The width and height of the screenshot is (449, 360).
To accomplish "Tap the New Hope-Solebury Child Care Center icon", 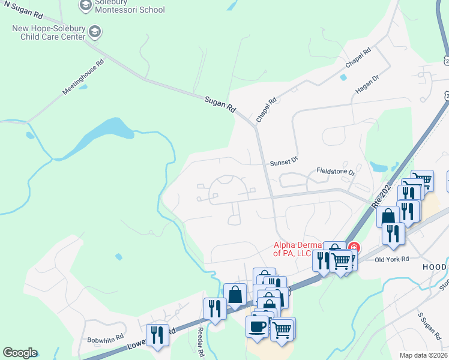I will [x=94, y=31].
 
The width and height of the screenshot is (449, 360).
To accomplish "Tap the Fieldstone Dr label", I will [x=336, y=172].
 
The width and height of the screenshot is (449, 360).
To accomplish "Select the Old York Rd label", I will [x=391, y=259].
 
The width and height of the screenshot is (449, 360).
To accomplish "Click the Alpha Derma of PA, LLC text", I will [x=301, y=249].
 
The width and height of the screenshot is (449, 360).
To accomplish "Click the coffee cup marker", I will [x=258, y=326].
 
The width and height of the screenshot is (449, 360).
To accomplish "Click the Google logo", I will [x=19, y=353].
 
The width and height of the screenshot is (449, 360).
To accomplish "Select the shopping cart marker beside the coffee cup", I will [x=283, y=328].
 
